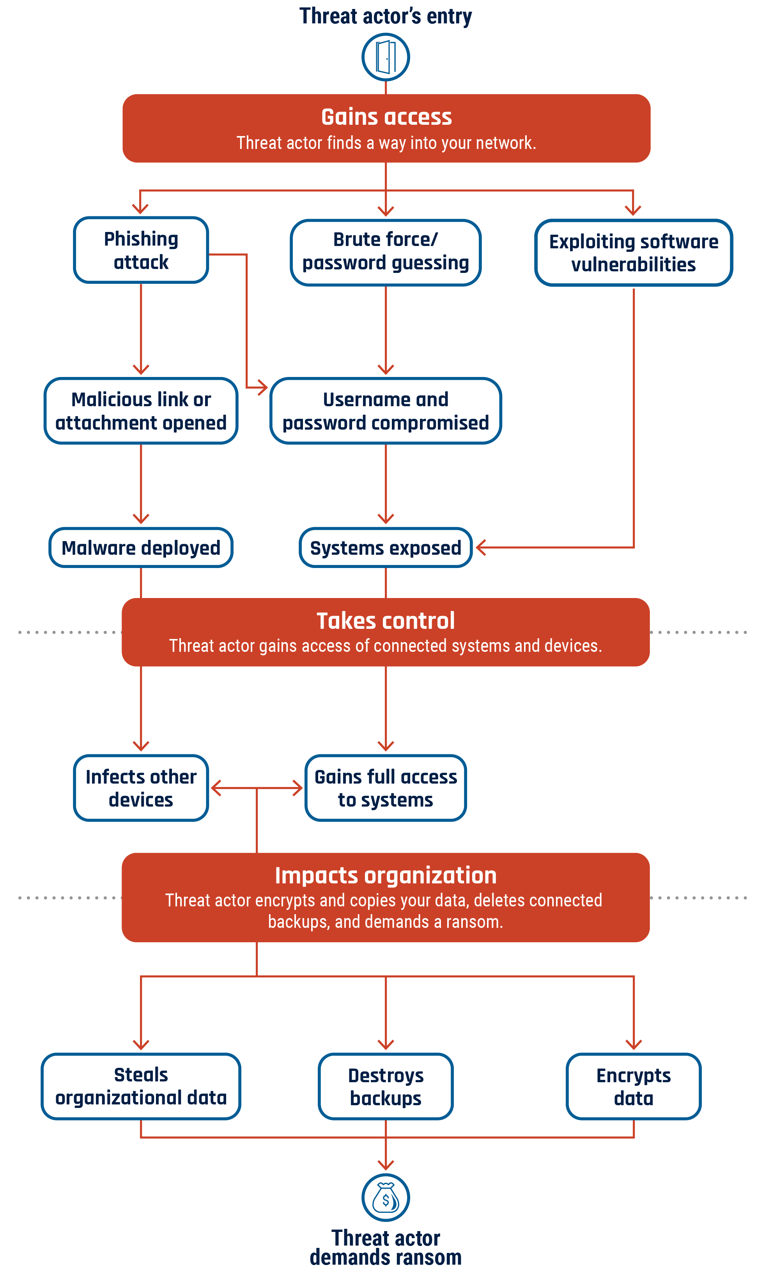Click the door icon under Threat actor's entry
(x=385, y=57)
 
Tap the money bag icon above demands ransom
(x=385, y=1197)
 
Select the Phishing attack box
(x=141, y=250)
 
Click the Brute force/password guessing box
(x=385, y=252)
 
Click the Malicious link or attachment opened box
(x=141, y=411)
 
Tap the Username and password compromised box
(x=385, y=411)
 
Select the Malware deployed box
(x=141, y=548)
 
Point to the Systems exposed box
(x=385, y=548)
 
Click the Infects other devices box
(x=141, y=788)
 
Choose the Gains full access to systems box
(x=385, y=788)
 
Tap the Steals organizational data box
(x=141, y=1086)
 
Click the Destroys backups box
(x=385, y=1086)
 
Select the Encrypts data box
(x=633, y=1086)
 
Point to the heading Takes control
(x=385, y=621)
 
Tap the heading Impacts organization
(x=385, y=875)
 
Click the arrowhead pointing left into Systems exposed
(x=480, y=548)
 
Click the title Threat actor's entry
(x=385, y=16)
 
